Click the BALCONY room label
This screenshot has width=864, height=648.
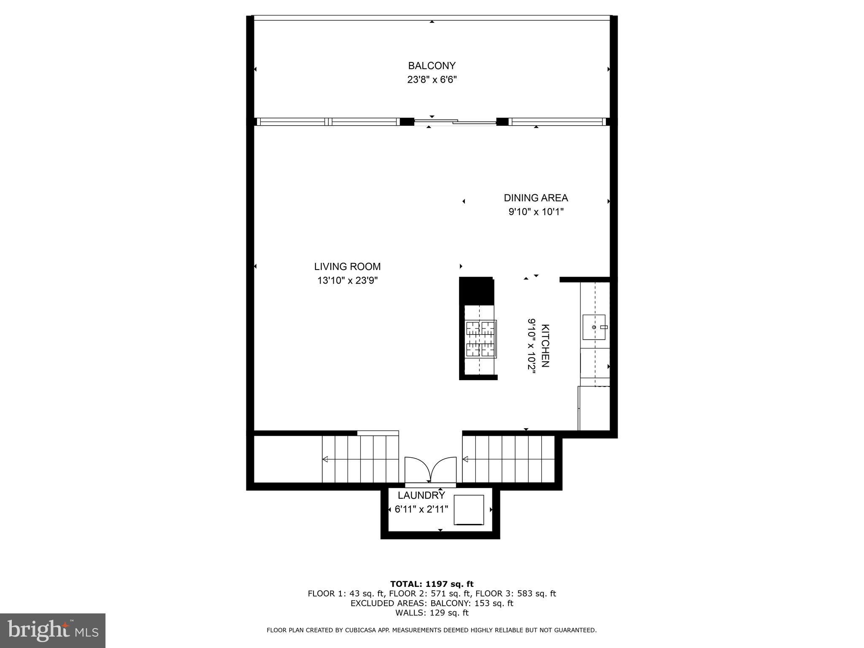(x=432, y=66)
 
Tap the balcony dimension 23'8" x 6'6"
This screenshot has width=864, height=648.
(x=432, y=80)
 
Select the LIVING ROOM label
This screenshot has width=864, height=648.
(x=347, y=267)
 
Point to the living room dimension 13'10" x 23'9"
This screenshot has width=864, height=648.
(x=347, y=281)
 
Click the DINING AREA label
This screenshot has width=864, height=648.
(x=536, y=198)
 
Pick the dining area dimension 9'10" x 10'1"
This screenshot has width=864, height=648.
(x=536, y=212)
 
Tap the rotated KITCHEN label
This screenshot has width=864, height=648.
(x=545, y=346)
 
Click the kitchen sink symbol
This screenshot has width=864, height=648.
(x=594, y=327)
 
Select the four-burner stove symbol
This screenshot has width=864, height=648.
(x=481, y=339)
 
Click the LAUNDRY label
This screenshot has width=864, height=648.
(x=421, y=495)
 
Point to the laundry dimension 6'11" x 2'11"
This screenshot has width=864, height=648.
(x=421, y=509)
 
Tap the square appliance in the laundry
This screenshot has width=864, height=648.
(x=469, y=510)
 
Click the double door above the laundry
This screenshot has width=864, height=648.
(x=430, y=470)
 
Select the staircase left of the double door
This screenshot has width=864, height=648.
(x=360, y=459)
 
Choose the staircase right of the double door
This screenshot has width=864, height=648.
(x=508, y=459)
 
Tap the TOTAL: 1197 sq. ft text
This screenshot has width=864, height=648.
(x=432, y=584)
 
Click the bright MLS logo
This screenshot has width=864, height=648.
(x=53, y=630)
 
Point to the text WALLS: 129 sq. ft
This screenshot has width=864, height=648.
(x=432, y=613)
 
